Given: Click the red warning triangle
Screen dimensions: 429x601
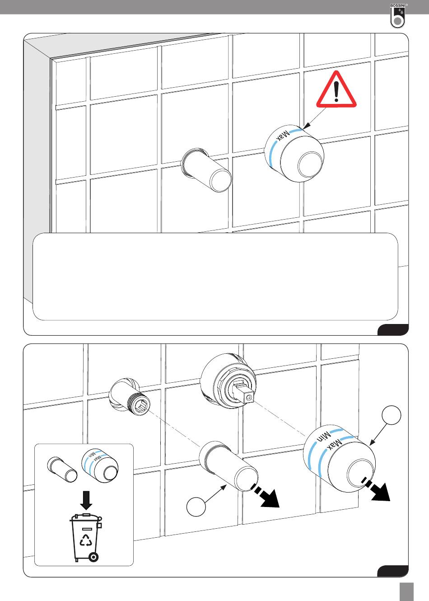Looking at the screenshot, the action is pyautogui.click(x=336, y=90).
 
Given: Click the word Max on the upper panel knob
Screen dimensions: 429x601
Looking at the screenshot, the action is pyautogui.click(x=283, y=136).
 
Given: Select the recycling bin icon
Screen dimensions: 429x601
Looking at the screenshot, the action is pyautogui.click(x=86, y=537).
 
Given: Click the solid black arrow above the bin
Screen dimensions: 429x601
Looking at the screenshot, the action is pyautogui.click(x=86, y=500).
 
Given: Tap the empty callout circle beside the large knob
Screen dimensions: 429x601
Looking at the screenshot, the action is pyautogui.click(x=391, y=415).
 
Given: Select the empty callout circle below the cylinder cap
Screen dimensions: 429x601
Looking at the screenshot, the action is pyautogui.click(x=196, y=507).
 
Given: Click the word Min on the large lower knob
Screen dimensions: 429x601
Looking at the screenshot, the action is pyautogui.click(x=323, y=437).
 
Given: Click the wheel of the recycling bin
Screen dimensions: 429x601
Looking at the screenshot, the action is pyautogui.click(x=93, y=557).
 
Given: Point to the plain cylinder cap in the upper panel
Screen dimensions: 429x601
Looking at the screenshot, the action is pyautogui.click(x=206, y=170).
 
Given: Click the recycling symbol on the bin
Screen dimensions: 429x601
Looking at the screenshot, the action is pyautogui.click(x=86, y=540).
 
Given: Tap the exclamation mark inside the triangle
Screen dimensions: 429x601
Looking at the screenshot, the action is pyautogui.click(x=336, y=91).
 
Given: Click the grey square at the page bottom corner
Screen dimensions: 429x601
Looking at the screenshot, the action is pyautogui.click(x=406, y=592).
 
